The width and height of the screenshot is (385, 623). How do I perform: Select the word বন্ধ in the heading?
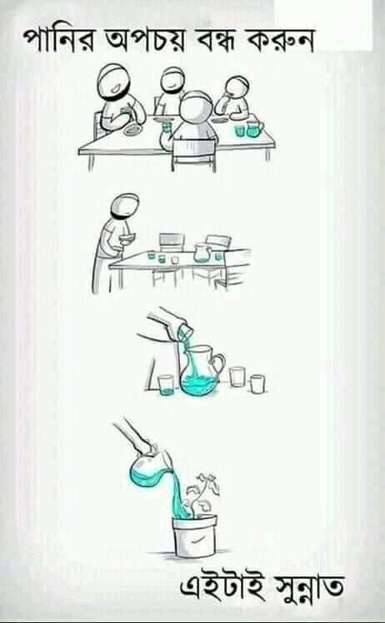217,41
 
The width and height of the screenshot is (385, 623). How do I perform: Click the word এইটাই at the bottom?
222,586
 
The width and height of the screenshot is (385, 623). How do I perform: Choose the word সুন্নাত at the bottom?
307,588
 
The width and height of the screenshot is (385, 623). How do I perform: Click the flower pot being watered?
196,536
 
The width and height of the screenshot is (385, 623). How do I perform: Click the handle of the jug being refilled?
219,363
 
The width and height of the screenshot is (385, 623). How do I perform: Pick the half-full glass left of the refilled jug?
166,385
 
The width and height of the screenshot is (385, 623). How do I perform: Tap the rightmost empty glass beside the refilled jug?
257,383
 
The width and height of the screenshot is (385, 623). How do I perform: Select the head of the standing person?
125,205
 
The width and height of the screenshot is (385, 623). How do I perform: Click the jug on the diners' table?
254,129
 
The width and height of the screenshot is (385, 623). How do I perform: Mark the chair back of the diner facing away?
194,154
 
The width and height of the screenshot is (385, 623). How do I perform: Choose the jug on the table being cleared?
202,253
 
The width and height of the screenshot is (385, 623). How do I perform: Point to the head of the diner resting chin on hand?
238,88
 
